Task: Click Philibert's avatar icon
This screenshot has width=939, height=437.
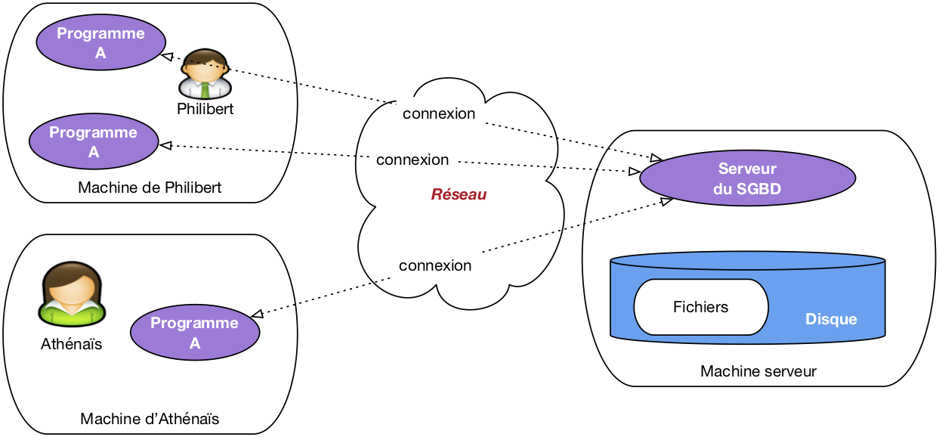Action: click(x=205, y=74)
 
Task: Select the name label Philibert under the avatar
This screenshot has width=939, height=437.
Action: click(x=205, y=109)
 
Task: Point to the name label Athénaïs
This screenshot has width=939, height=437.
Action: click(x=71, y=345)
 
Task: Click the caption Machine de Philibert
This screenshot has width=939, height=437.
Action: click(x=150, y=188)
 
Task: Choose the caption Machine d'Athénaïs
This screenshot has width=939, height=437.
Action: click(x=150, y=419)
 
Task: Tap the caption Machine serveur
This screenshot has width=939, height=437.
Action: click(x=758, y=371)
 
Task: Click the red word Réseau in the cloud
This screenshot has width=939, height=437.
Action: click(x=459, y=195)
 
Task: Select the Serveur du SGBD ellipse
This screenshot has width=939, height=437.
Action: click(x=747, y=179)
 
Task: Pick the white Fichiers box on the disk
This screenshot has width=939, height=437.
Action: click(x=700, y=307)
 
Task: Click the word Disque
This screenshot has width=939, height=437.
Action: click(x=831, y=319)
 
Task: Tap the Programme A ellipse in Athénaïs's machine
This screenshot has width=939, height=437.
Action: click(x=195, y=333)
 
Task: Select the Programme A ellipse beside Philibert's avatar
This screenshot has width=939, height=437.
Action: click(x=100, y=43)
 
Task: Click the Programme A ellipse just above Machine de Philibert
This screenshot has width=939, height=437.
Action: click(x=94, y=142)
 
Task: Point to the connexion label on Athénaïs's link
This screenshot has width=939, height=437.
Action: click(x=435, y=266)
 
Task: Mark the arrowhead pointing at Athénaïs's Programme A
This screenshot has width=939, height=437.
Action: click(x=257, y=314)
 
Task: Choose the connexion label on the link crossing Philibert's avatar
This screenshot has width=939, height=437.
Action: click(x=439, y=114)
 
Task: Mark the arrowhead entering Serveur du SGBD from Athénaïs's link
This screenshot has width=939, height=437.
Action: click(x=666, y=201)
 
